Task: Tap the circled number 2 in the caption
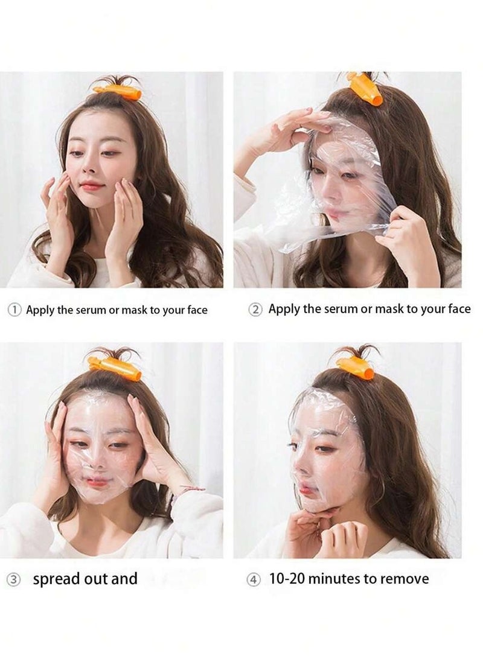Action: [x=256, y=310]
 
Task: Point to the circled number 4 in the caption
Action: [x=254, y=579]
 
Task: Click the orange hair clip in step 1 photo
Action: [x=118, y=92]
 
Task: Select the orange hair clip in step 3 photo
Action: [x=115, y=368]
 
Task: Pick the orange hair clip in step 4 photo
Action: [x=356, y=366]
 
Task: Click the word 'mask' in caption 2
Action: [x=389, y=309]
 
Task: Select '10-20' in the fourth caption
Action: [x=286, y=579]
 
